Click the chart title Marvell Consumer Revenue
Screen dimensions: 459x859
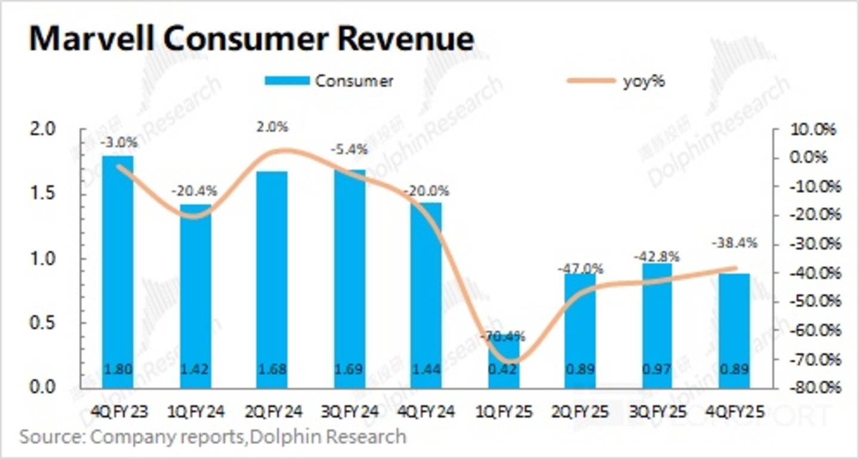click(x=251, y=39)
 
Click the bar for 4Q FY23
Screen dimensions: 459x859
click(x=118, y=272)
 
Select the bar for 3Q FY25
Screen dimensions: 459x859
click(x=656, y=325)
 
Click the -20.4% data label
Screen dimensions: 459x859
click(x=195, y=192)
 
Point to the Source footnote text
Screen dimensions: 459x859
click(x=213, y=436)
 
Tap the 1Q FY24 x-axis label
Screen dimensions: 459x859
click(x=195, y=411)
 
